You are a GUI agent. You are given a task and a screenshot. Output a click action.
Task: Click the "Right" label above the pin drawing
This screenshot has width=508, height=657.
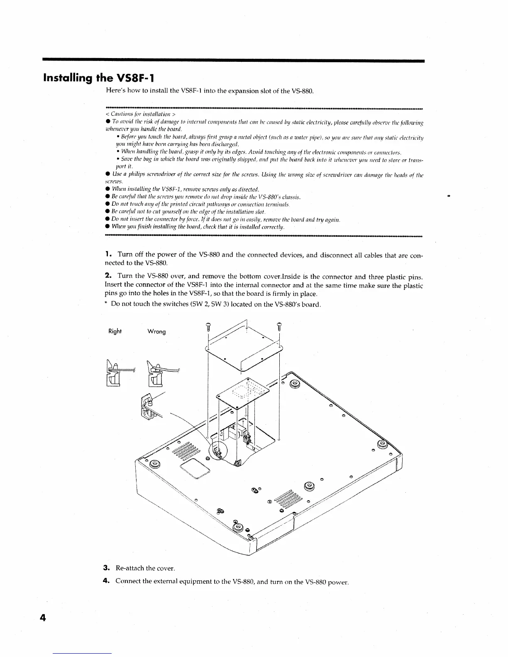click(x=115, y=331)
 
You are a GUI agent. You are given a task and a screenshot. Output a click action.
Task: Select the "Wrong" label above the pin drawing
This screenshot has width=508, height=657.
click(x=156, y=331)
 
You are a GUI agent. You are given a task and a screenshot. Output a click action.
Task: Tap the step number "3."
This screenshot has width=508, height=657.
click(x=106, y=567)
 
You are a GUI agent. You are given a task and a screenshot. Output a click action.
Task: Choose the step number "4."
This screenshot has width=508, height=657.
click(x=106, y=581)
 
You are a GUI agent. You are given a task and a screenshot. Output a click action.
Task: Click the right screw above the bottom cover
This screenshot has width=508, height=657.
click(x=280, y=326)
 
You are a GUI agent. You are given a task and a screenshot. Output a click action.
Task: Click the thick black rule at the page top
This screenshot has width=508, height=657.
click(x=233, y=61)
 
